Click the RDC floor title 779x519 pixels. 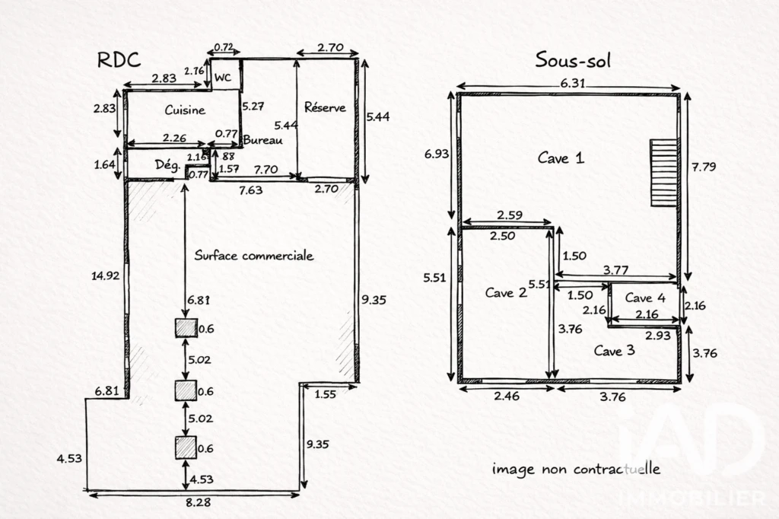pos(119,59)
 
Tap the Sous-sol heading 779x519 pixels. pos(573,60)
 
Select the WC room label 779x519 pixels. pos(223,78)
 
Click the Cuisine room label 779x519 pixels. pos(185,110)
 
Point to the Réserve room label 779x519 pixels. pos(325,107)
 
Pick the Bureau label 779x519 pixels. pos(262,140)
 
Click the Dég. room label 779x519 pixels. pos(167,164)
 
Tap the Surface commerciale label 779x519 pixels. pos(254,256)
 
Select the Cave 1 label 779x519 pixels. pos(561,158)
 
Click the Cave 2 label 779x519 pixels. pos(506,292)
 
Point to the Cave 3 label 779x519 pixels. pos(615,351)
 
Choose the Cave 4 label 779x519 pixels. pos(645,298)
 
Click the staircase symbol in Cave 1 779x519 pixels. pos(663,173)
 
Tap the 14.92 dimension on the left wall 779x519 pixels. pos(105,275)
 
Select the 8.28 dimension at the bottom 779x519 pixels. pos(199,502)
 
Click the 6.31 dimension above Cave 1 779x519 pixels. pos(573,83)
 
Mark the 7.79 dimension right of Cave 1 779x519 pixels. pos(704,167)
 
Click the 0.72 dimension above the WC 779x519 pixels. pos(224,48)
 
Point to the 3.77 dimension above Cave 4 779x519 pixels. pos(615,270)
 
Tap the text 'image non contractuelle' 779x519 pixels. pos(577,469)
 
